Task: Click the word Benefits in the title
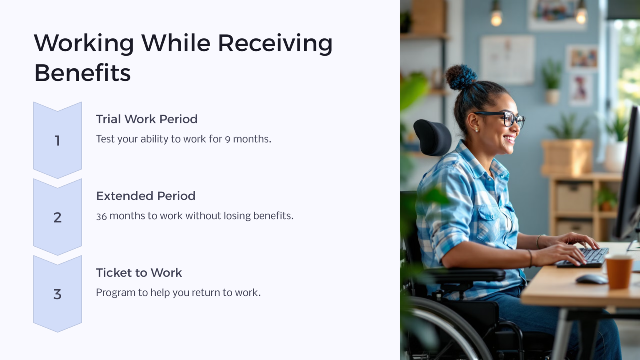pos(82,73)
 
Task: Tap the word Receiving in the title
pos(275,43)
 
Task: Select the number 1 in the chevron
pos(57,141)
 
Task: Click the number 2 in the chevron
pos(57,217)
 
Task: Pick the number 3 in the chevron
pos(57,294)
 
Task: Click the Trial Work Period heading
pos(147,119)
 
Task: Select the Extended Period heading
pos(145,196)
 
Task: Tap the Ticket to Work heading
pos(139,272)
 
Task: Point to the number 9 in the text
pos(227,140)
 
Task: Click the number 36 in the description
pos(101,216)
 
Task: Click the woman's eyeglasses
pos(506,118)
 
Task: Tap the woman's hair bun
pos(460,77)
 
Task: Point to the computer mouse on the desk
pos(591,279)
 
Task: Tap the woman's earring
pos(476,130)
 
